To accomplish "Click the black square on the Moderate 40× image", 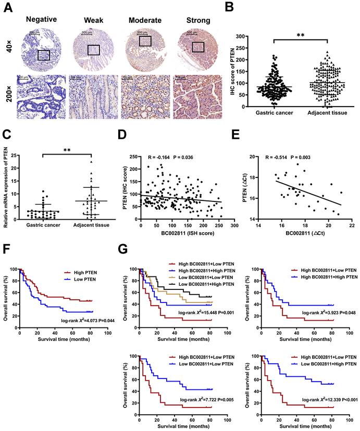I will pos(146,41).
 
